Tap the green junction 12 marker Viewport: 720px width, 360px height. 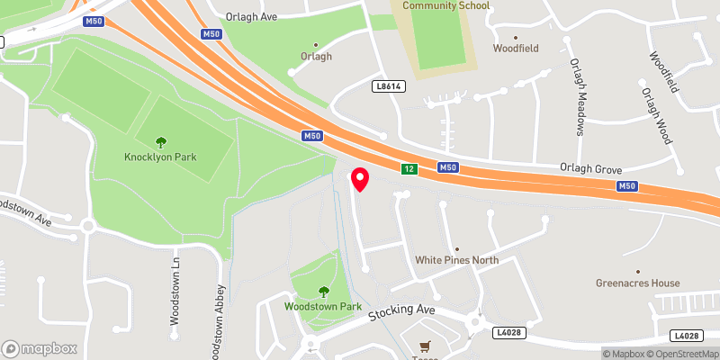click(x=409, y=169)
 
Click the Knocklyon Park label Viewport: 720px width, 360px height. click(x=161, y=157)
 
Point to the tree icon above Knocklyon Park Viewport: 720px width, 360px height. click(x=161, y=141)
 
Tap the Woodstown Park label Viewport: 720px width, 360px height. click(x=323, y=306)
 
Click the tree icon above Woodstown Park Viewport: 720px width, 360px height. click(x=324, y=291)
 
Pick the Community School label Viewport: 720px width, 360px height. click(x=445, y=5)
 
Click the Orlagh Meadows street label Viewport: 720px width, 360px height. click(x=576, y=97)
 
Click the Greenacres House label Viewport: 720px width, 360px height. click(x=637, y=283)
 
